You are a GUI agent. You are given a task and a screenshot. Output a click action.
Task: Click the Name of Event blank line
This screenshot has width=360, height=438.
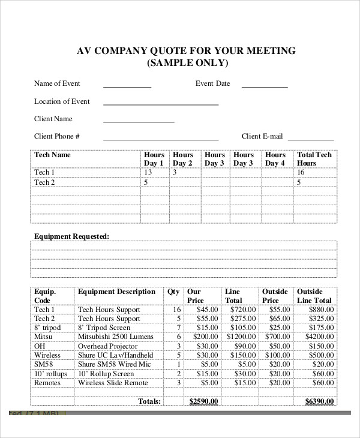click(x=127, y=86)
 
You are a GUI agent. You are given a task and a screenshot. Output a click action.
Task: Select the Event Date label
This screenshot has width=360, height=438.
click(x=212, y=83)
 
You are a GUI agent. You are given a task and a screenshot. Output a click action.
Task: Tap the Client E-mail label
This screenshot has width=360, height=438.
click(x=262, y=136)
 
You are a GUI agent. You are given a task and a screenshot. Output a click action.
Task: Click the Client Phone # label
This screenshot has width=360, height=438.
click(x=57, y=136)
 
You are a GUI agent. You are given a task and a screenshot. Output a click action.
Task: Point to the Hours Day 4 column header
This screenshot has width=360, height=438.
click(x=275, y=159)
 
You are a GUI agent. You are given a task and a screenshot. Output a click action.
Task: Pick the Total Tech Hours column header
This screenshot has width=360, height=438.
click(x=314, y=159)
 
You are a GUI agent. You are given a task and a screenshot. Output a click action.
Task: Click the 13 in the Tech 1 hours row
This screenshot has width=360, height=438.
click(x=148, y=172)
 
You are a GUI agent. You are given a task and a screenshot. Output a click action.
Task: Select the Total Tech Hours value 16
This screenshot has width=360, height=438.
click(x=301, y=172)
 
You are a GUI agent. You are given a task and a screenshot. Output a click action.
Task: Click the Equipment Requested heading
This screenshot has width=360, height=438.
click(x=71, y=236)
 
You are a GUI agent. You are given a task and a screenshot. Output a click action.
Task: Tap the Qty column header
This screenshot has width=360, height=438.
click(x=173, y=292)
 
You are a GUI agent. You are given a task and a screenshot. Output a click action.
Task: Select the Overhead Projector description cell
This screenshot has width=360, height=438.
click(x=109, y=346)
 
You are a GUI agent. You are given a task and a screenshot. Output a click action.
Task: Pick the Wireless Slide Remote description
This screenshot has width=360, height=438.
click(x=112, y=383)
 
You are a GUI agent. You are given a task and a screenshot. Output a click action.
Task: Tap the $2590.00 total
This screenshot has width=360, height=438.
click(x=204, y=401)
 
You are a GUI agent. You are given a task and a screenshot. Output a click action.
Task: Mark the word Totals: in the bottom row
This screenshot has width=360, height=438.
click(x=149, y=401)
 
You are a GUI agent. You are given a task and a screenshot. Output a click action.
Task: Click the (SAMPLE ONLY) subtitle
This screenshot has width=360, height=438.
click(x=187, y=64)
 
